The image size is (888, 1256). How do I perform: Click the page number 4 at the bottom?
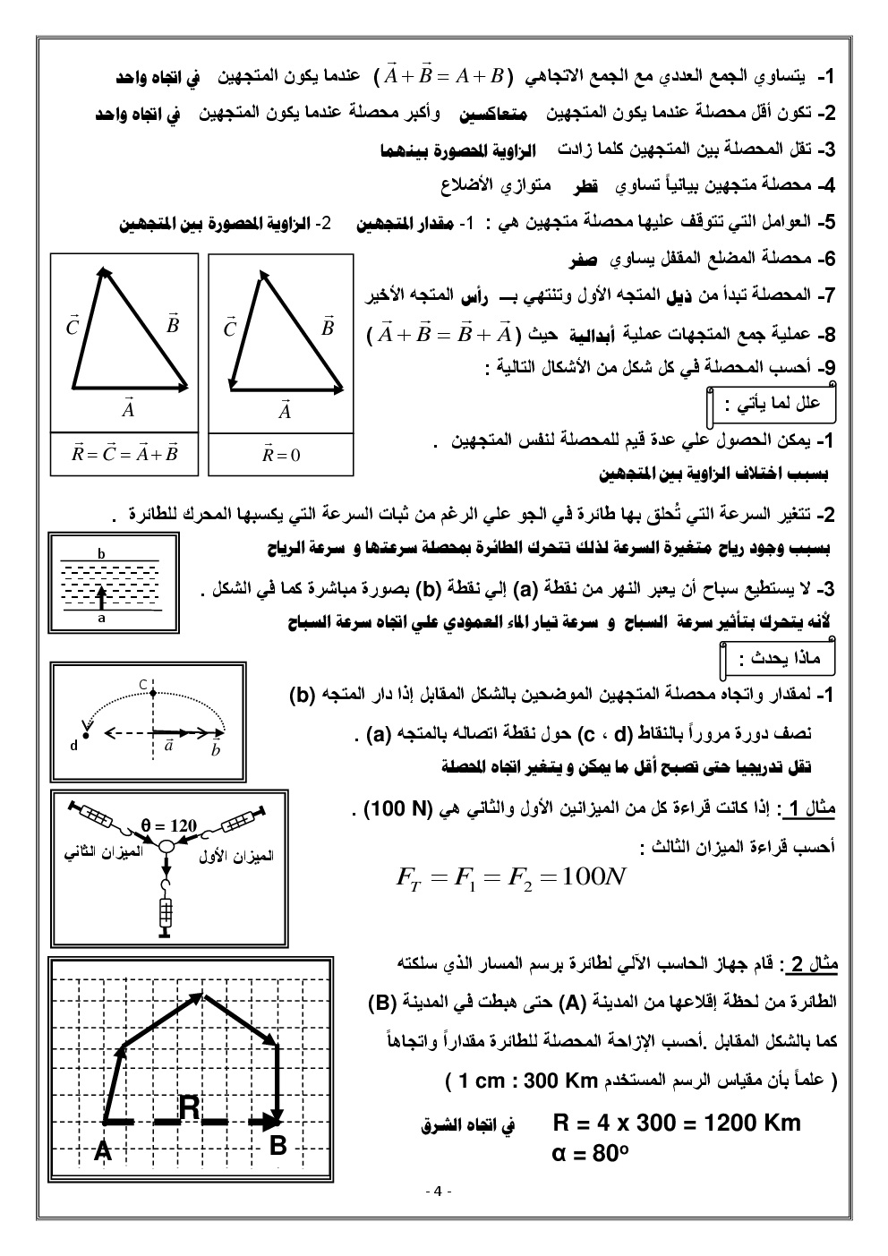tap(438, 1191)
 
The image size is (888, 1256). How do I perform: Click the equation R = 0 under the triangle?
tap(281, 455)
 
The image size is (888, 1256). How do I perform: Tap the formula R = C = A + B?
tap(125, 453)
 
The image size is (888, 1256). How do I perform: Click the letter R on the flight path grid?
tap(190, 1107)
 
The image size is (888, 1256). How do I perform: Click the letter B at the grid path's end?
tap(278, 1145)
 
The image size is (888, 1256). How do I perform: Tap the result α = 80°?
tap(587, 1154)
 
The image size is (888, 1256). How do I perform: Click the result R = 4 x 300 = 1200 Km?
tap(677, 1123)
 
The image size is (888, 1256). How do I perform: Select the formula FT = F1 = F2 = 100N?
tap(510, 877)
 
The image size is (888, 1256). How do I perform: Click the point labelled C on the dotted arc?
tap(142, 685)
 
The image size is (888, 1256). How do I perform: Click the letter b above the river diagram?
tap(101, 554)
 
